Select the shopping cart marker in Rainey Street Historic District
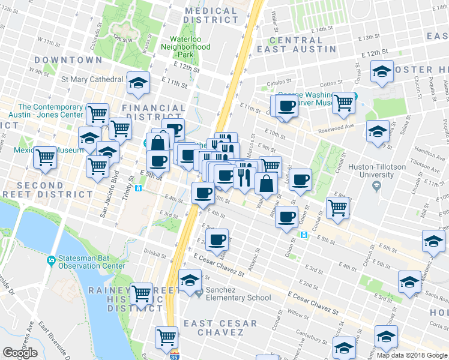(141, 293)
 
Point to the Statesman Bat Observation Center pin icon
(52, 260)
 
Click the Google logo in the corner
(20, 353)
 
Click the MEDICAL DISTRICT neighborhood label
(211, 15)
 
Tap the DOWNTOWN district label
(68, 60)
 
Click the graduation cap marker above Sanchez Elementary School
(190, 280)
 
